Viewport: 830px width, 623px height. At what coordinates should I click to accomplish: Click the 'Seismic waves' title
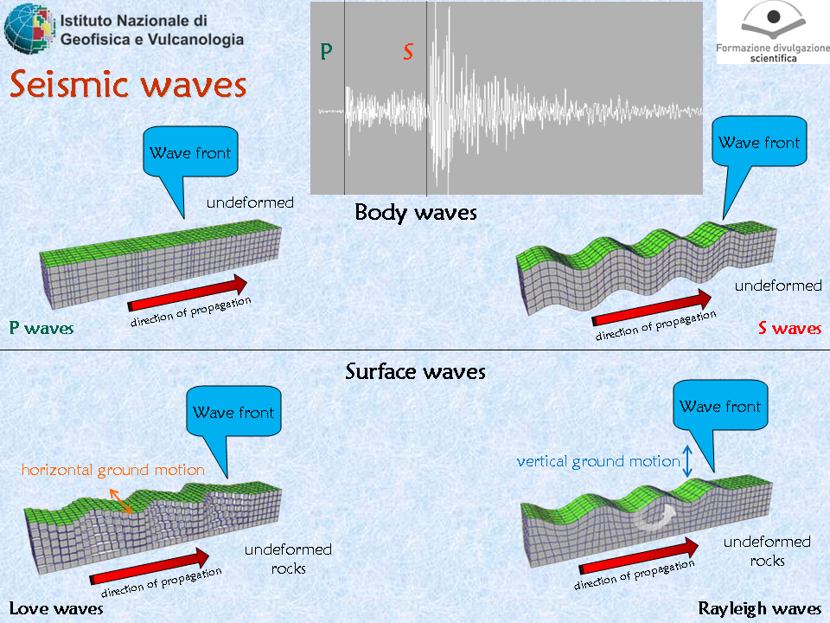(x=128, y=84)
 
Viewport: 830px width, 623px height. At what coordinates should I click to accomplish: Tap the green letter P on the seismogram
(x=326, y=51)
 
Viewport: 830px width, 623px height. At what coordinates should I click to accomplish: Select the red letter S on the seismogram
(x=407, y=52)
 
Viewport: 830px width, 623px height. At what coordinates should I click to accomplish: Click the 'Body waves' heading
(x=416, y=213)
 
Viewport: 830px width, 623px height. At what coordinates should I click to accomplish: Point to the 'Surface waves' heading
(x=416, y=371)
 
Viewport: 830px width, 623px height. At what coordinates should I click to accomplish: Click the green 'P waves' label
(x=41, y=328)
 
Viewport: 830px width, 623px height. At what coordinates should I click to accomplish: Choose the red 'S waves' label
(x=789, y=328)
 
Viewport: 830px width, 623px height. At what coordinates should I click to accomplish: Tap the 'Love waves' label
(x=56, y=608)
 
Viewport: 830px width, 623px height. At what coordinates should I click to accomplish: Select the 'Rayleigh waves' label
(x=760, y=608)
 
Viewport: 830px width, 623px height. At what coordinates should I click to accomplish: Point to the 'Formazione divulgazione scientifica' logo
(x=773, y=32)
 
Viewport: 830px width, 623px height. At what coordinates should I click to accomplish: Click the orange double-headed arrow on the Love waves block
(x=121, y=501)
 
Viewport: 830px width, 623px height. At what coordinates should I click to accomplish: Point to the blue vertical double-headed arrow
(x=687, y=461)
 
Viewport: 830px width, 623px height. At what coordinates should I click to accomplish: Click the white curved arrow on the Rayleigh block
(x=654, y=517)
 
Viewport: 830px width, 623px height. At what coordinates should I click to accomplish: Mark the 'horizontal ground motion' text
(x=112, y=470)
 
